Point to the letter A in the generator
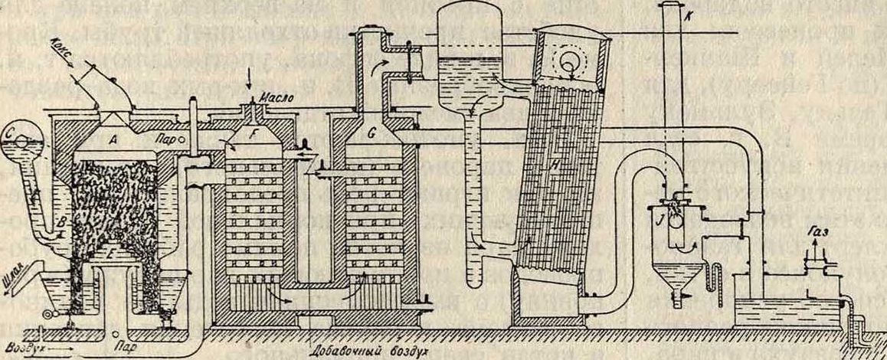[x=112, y=139]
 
